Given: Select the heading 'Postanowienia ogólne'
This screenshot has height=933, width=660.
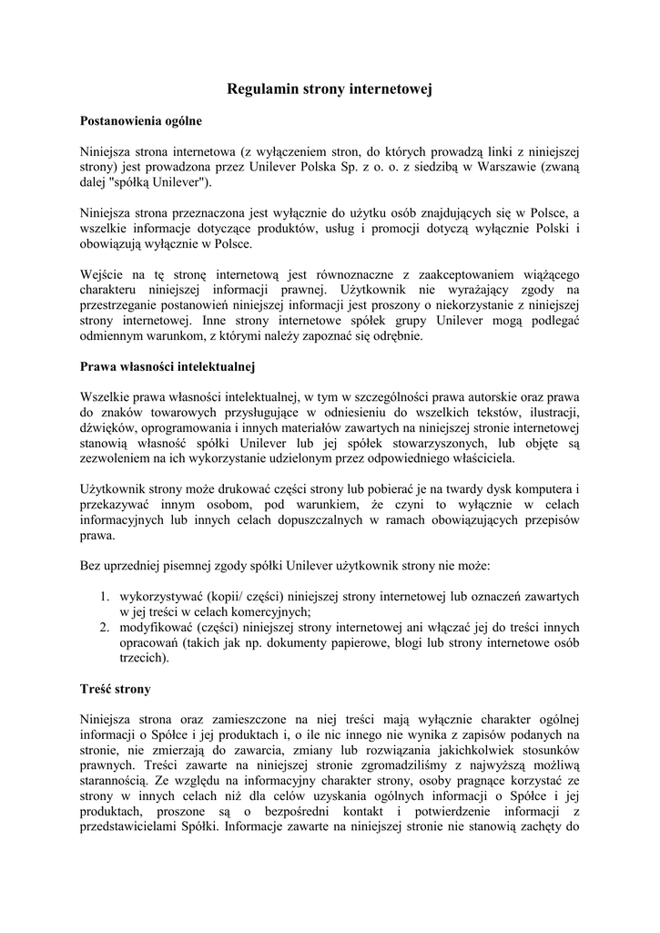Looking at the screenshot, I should (x=140, y=120).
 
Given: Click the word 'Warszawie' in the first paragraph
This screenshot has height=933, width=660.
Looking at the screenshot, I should (x=523, y=168).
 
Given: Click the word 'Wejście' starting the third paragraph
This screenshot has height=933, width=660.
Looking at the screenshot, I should (x=102, y=274).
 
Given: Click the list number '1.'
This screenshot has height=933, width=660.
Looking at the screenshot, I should (x=105, y=597).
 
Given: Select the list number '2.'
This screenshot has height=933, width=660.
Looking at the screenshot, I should (x=105, y=627).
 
